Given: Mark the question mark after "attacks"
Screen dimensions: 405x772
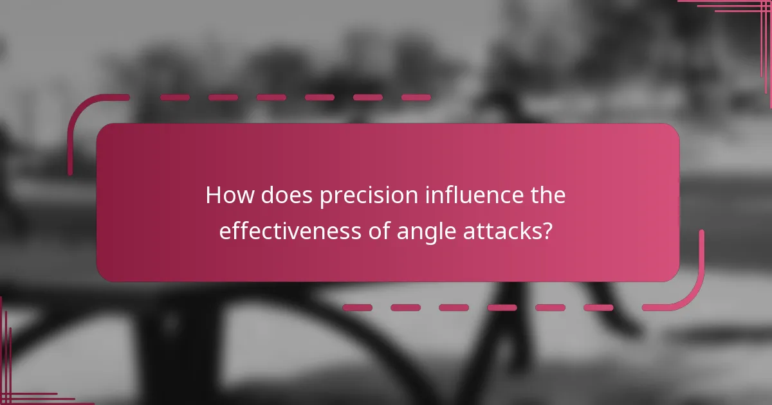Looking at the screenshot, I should coord(547,231).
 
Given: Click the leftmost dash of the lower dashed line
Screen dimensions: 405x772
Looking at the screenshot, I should coord(357,307).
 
